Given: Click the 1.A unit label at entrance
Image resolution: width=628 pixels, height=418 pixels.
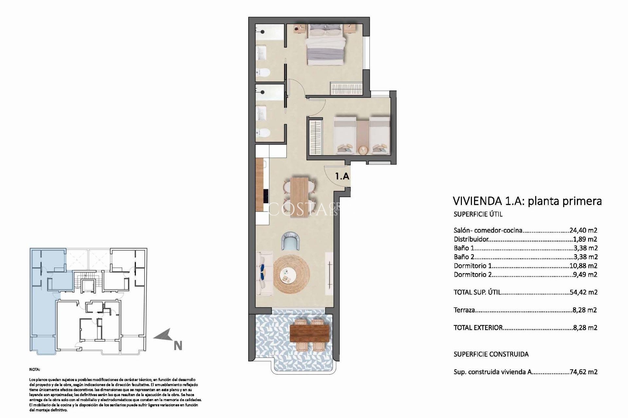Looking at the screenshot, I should pos(342,177).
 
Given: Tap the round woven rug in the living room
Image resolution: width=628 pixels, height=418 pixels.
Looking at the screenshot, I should pos(291,274).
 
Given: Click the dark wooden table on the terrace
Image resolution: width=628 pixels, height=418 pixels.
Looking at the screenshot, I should pos(309,333).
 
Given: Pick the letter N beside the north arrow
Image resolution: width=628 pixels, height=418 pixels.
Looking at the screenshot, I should pos(178,346).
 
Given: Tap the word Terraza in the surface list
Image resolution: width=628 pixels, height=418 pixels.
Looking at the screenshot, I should pos(464,310).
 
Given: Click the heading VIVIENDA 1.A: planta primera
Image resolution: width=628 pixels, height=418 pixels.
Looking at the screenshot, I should pos(527,201).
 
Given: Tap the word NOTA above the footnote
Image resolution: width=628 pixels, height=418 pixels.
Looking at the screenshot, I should pos(34,370).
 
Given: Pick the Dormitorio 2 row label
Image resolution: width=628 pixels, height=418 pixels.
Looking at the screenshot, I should pos(472,275).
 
